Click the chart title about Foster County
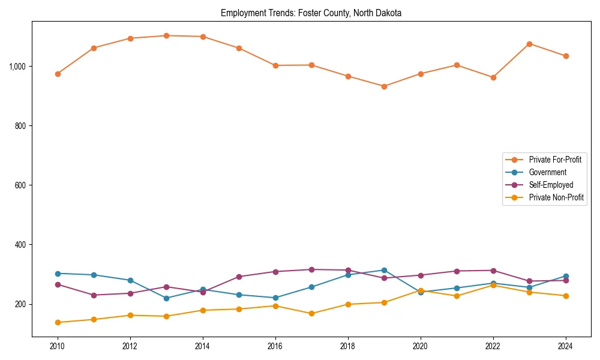311,13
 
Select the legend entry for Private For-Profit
555,160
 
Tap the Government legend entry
547,172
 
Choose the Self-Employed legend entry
551,185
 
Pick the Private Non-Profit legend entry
556,197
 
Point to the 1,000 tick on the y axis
18,66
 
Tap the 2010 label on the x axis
58,346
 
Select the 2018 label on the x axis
348,346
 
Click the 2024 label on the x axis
566,346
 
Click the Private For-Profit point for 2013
166,35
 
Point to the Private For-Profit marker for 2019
384,86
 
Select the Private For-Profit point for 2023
529,44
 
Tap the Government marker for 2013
166,298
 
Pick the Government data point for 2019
384,270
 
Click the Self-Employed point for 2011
94,295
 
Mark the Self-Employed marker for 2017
311,269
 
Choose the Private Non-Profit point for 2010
58,322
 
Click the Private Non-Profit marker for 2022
493,285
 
